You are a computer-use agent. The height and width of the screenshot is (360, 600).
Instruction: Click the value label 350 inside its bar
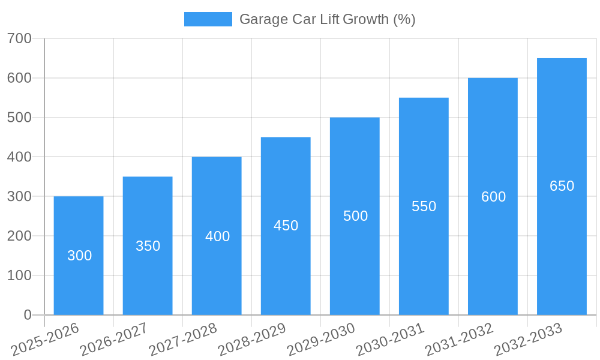(x=148, y=246)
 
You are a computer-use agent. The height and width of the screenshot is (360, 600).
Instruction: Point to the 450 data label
(x=286, y=226)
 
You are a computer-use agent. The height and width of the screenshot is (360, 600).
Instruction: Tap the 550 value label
(x=424, y=206)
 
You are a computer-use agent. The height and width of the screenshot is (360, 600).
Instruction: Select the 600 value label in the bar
(x=493, y=197)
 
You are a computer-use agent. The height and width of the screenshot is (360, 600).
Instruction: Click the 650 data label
(x=562, y=186)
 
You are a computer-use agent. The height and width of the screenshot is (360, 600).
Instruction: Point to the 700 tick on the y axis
(x=19, y=38)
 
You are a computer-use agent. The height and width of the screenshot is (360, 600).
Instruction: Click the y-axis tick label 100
(x=19, y=275)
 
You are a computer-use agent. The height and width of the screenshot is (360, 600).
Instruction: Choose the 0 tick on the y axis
(x=28, y=315)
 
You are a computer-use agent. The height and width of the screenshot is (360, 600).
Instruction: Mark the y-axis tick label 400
(x=19, y=157)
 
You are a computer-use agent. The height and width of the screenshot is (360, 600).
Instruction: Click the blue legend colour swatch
(x=208, y=19)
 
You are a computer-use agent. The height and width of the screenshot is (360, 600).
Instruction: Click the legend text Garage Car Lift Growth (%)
(x=327, y=19)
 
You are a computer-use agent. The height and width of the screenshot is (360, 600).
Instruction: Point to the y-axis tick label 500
(x=19, y=118)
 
